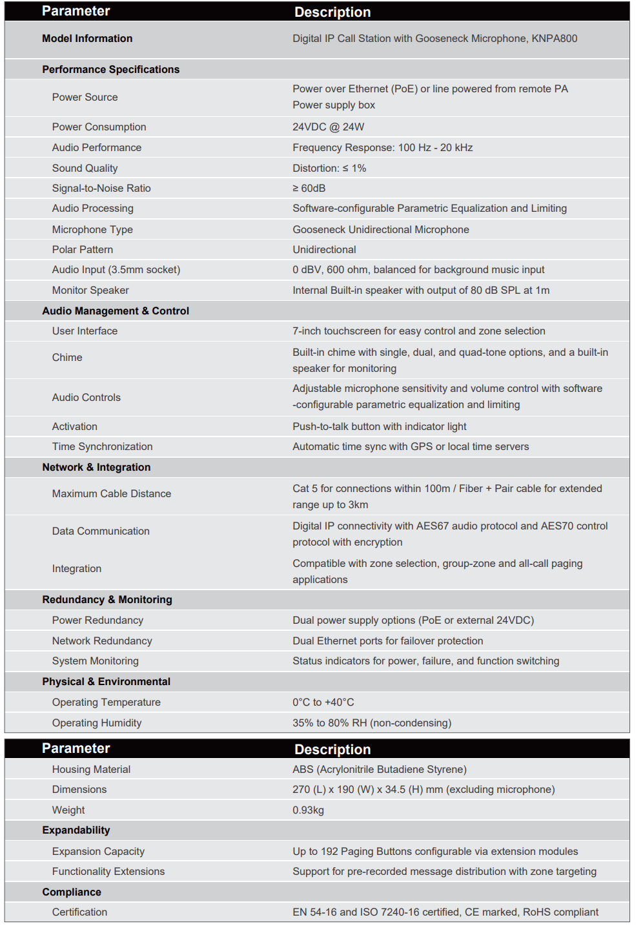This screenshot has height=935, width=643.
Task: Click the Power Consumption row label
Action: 99,127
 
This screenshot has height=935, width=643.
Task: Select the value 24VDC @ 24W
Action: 328,127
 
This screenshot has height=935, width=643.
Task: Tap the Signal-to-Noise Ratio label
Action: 101,189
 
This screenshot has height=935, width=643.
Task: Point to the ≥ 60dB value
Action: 309,189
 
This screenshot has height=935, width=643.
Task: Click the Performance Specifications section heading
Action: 110,70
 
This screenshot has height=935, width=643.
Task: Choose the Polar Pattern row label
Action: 83,250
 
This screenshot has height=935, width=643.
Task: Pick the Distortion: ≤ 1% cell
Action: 329,169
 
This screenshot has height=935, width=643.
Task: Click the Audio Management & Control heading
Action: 116,311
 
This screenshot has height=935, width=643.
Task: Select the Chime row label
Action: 67,358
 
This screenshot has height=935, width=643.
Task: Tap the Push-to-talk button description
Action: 379,427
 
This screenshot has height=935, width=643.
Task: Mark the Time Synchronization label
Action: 102,447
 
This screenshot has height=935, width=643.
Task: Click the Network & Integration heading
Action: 96,467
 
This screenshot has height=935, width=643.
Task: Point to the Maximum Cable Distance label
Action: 112,494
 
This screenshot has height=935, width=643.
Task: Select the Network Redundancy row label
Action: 102,641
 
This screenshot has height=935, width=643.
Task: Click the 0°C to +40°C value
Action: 323,703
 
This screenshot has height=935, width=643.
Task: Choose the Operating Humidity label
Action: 97,723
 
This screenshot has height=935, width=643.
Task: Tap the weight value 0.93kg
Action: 308,810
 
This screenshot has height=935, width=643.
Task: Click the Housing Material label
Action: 91,770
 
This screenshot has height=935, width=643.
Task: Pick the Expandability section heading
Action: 76,830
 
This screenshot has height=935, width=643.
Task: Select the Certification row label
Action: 79,912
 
